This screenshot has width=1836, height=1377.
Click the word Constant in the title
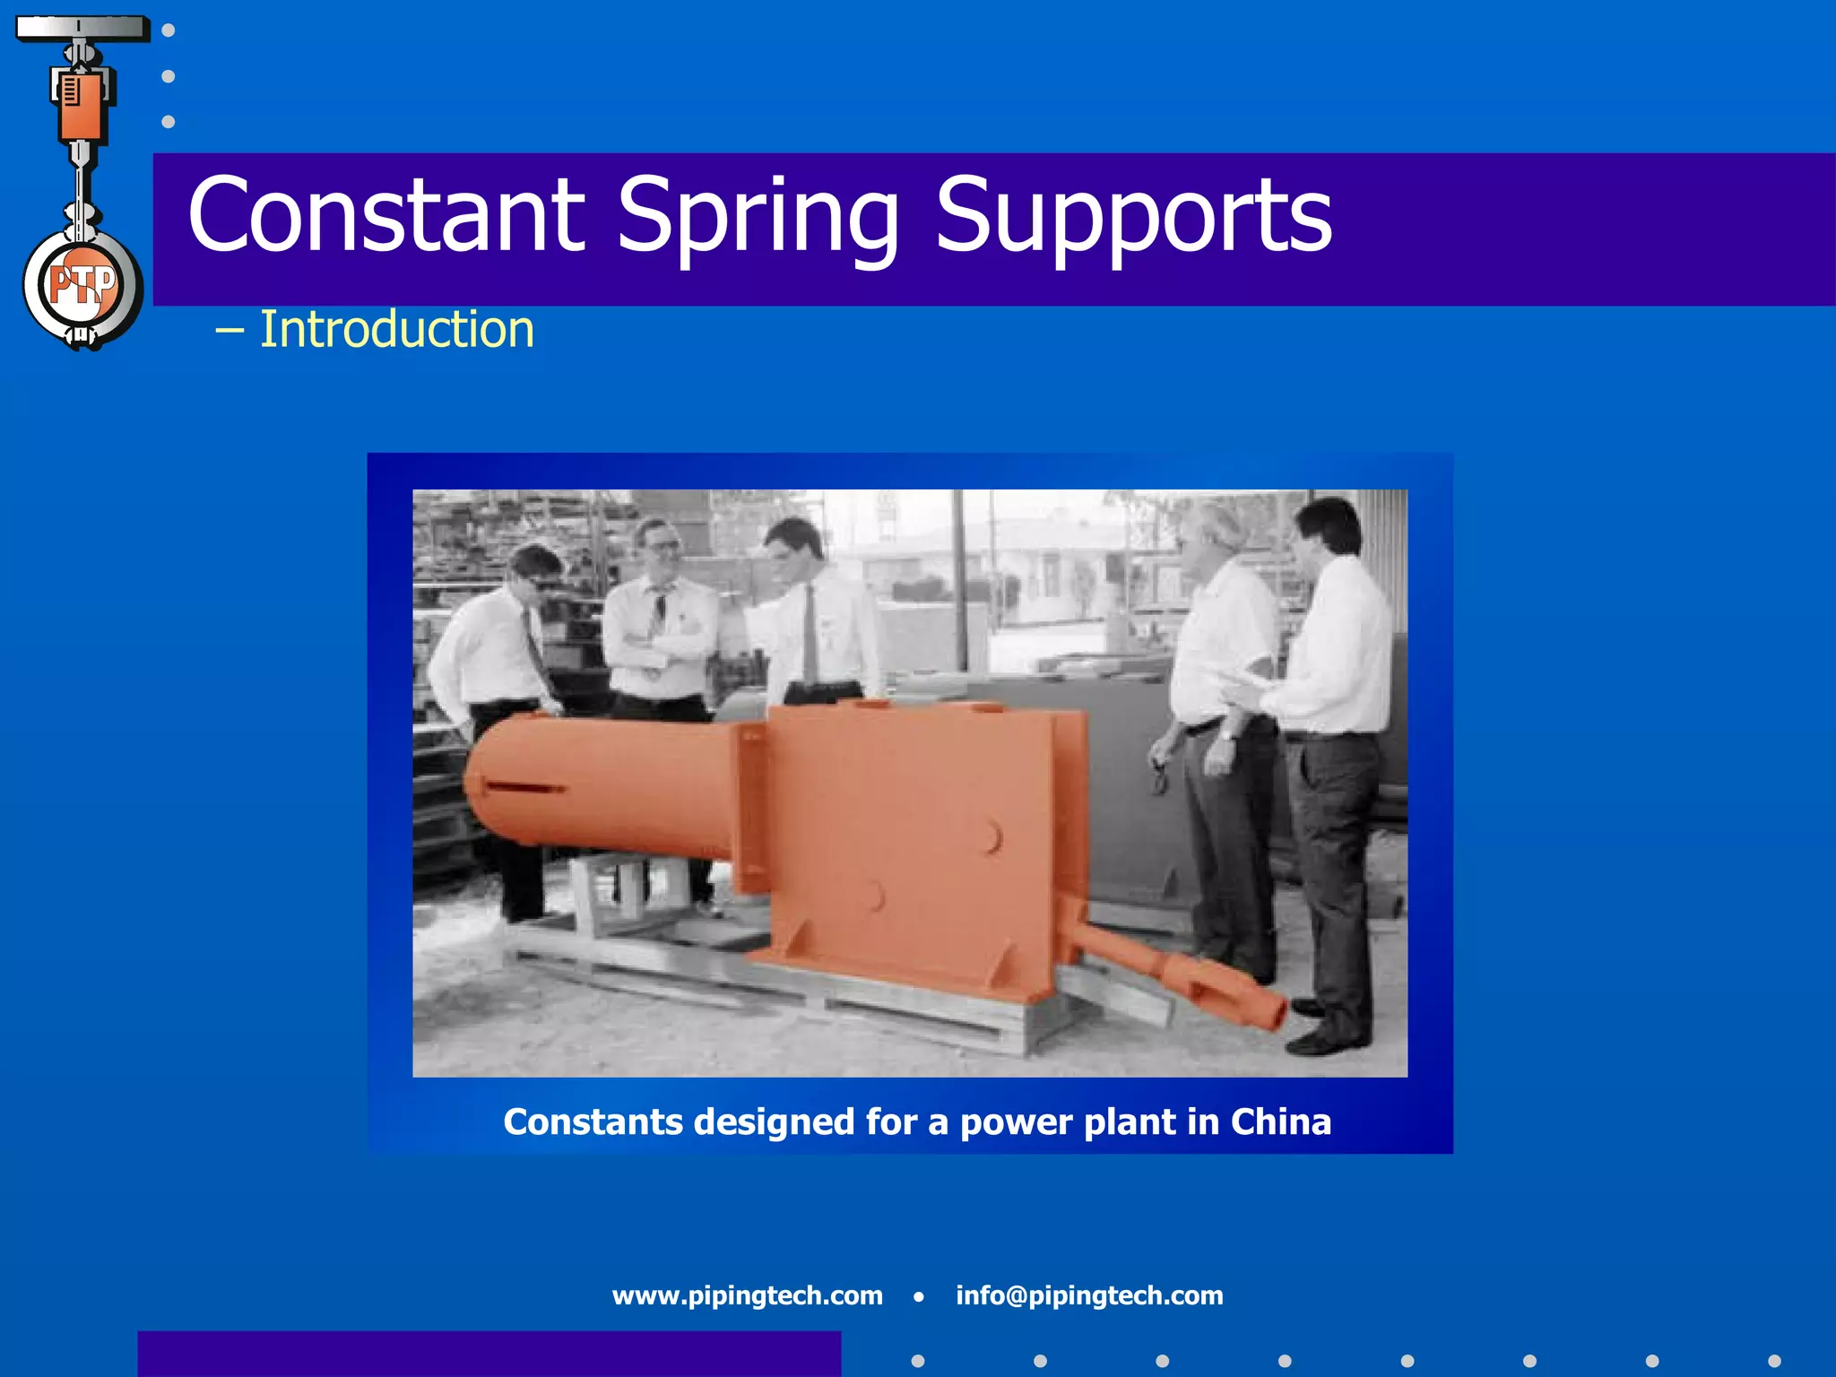tap(385, 215)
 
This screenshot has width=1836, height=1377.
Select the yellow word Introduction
tap(396, 329)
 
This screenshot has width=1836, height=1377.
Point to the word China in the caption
tap(1280, 1122)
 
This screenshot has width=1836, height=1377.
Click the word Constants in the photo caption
tap(593, 1122)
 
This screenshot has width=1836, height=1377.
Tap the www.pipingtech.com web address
tap(747, 1295)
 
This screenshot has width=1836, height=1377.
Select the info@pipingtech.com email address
tap(1088, 1295)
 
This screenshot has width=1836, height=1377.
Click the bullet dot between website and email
tap(918, 1296)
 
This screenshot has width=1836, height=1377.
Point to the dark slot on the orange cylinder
tap(524, 788)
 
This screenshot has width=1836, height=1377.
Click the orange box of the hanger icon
tap(81, 103)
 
